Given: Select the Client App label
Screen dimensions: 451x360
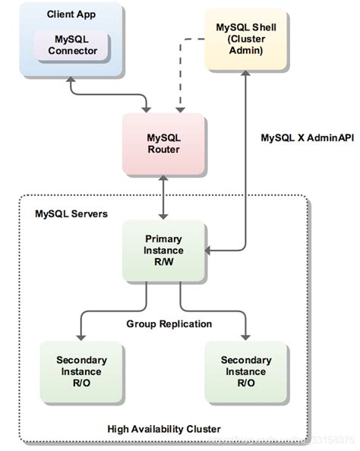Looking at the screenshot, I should (x=72, y=14).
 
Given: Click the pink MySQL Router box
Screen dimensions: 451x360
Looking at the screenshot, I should (x=163, y=143).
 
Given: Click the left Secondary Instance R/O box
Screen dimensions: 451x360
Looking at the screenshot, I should (x=81, y=371).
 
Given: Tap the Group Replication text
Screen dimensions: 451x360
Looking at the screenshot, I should (x=169, y=323).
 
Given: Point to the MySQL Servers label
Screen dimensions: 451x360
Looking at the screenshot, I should (x=71, y=214).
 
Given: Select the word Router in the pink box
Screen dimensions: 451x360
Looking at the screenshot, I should (x=163, y=150).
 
